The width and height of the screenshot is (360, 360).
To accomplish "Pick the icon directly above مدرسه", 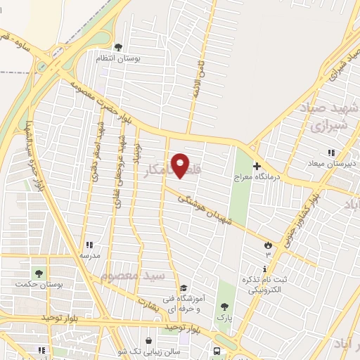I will [x=89, y=245].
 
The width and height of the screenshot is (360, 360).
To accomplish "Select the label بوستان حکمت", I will [x=38, y=284].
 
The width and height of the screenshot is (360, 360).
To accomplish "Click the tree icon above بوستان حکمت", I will [x=38, y=274].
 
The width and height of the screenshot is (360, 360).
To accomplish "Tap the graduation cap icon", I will [x=184, y=288].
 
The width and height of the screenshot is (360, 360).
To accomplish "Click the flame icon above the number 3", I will [x=268, y=244].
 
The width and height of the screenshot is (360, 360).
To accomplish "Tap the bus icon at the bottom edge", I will [x=216, y=349].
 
